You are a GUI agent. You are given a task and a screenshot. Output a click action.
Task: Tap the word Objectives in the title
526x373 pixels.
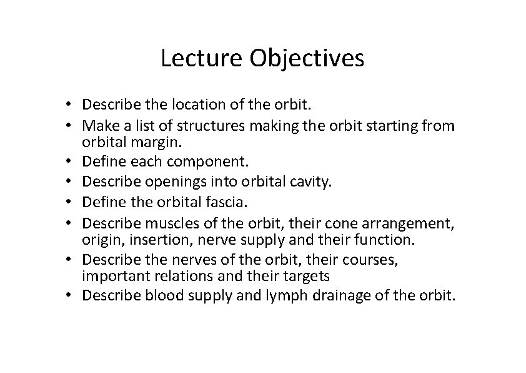click(307, 59)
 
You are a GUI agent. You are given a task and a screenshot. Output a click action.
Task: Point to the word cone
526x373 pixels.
click(319, 222)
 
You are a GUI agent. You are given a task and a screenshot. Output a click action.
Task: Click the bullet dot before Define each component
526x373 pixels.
click(74, 162)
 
